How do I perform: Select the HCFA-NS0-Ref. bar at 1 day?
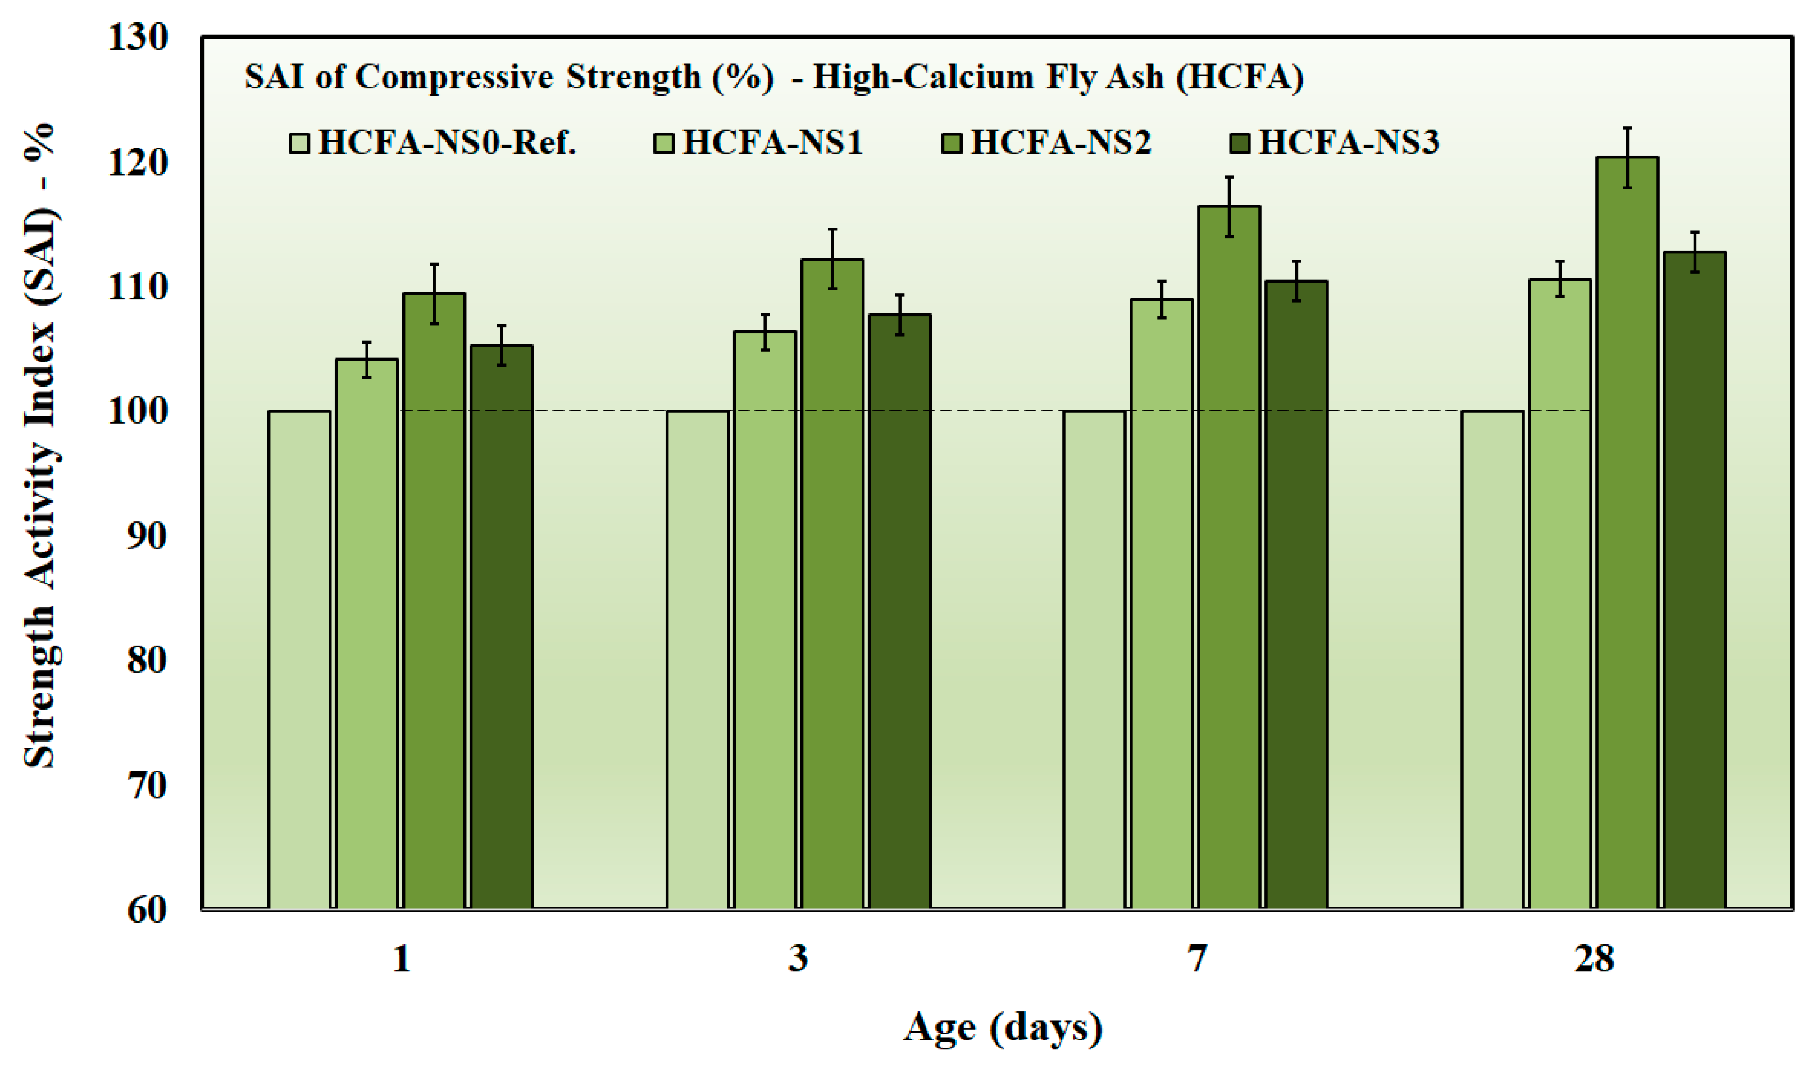point(299,660)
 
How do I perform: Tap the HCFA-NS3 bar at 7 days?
point(1296,595)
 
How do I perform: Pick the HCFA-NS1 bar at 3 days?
point(764,620)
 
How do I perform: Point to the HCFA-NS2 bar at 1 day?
point(434,601)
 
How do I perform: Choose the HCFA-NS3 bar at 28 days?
point(1694,580)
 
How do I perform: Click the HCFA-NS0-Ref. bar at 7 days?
point(1094,660)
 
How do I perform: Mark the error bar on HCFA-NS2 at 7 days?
point(1229,207)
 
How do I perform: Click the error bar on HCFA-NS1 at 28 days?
point(1560,279)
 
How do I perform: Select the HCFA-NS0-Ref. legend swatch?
point(299,143)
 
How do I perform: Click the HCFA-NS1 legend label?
point(773,142)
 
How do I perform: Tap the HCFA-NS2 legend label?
point(1061,142)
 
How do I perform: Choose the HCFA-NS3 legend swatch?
point(1240,143)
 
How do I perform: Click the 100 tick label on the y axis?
point(138,411)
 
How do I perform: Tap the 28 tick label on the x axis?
point(1594,960)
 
